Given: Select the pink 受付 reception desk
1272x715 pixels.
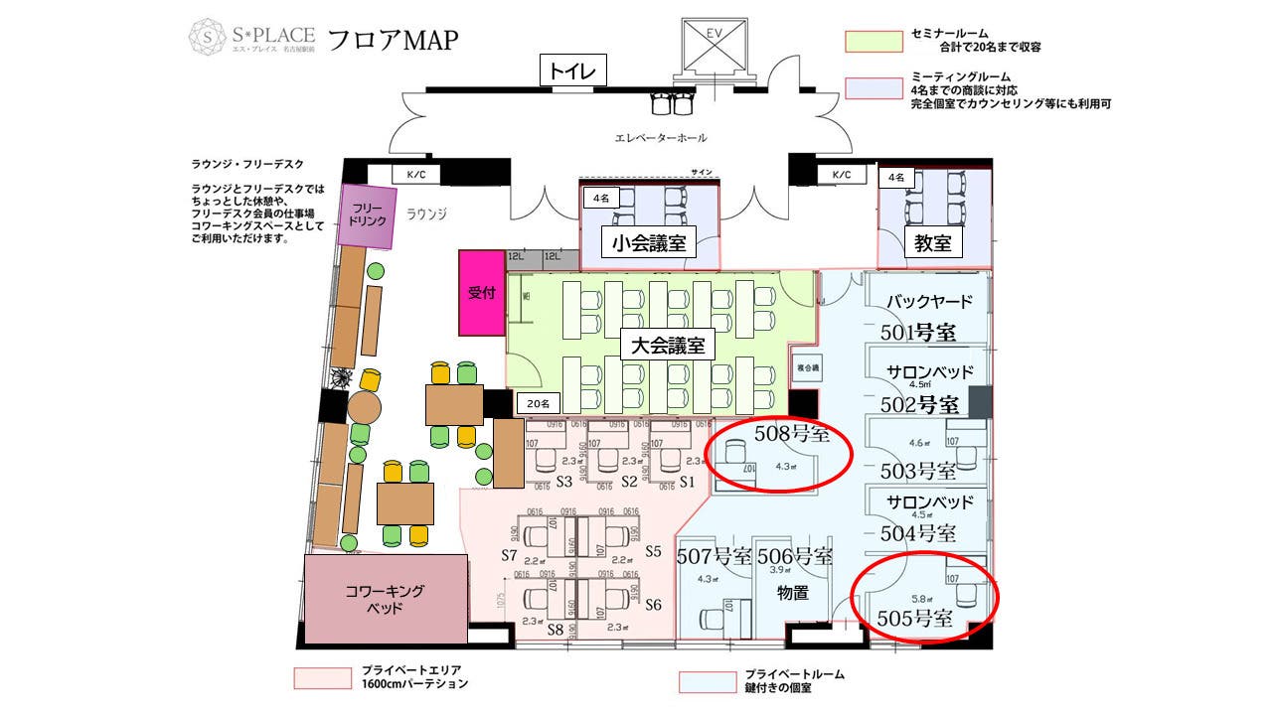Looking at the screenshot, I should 482,293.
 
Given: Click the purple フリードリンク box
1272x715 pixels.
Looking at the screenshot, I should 368,216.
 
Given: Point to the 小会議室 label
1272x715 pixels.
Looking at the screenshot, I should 649,242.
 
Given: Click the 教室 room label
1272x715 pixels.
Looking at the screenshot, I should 933,242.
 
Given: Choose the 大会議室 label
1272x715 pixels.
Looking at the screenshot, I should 668,346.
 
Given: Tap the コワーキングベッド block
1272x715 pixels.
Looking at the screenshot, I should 386,599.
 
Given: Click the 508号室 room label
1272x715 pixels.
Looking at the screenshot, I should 792,433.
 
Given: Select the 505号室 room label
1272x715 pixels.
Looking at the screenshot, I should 915,619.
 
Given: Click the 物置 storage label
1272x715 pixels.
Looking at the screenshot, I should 793,593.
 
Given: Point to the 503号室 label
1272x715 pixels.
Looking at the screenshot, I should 918,470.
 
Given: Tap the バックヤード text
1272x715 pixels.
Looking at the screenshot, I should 929,301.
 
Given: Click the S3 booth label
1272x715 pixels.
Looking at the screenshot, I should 564,482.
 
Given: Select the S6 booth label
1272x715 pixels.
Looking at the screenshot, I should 653,605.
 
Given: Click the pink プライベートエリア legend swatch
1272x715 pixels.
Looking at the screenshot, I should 323,678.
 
